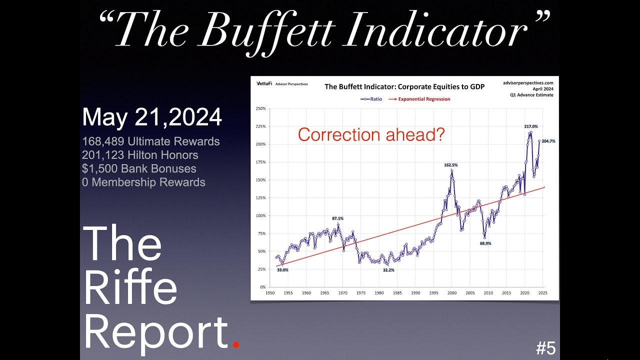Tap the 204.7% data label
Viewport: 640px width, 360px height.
point(548,141)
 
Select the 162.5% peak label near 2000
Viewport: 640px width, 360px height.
point(450,165)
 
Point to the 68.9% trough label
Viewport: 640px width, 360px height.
point(485,243)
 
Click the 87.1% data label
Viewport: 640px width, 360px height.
point(337,218)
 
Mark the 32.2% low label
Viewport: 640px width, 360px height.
point(388,270)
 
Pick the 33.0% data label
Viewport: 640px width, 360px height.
point(282,270)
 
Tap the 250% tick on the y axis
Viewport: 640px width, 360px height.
point(260,108)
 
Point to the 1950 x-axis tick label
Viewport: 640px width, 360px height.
point(270,293)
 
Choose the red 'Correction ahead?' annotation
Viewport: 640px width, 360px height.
point(371,135)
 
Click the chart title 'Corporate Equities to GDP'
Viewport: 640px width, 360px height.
point(404,86)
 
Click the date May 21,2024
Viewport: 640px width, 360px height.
point(152,117)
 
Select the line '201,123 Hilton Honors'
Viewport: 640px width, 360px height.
point(140,155)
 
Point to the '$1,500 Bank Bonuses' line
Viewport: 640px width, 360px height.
point(139,168)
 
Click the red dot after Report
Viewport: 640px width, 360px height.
point(236,344)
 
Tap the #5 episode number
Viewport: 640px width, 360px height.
point(545,348)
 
